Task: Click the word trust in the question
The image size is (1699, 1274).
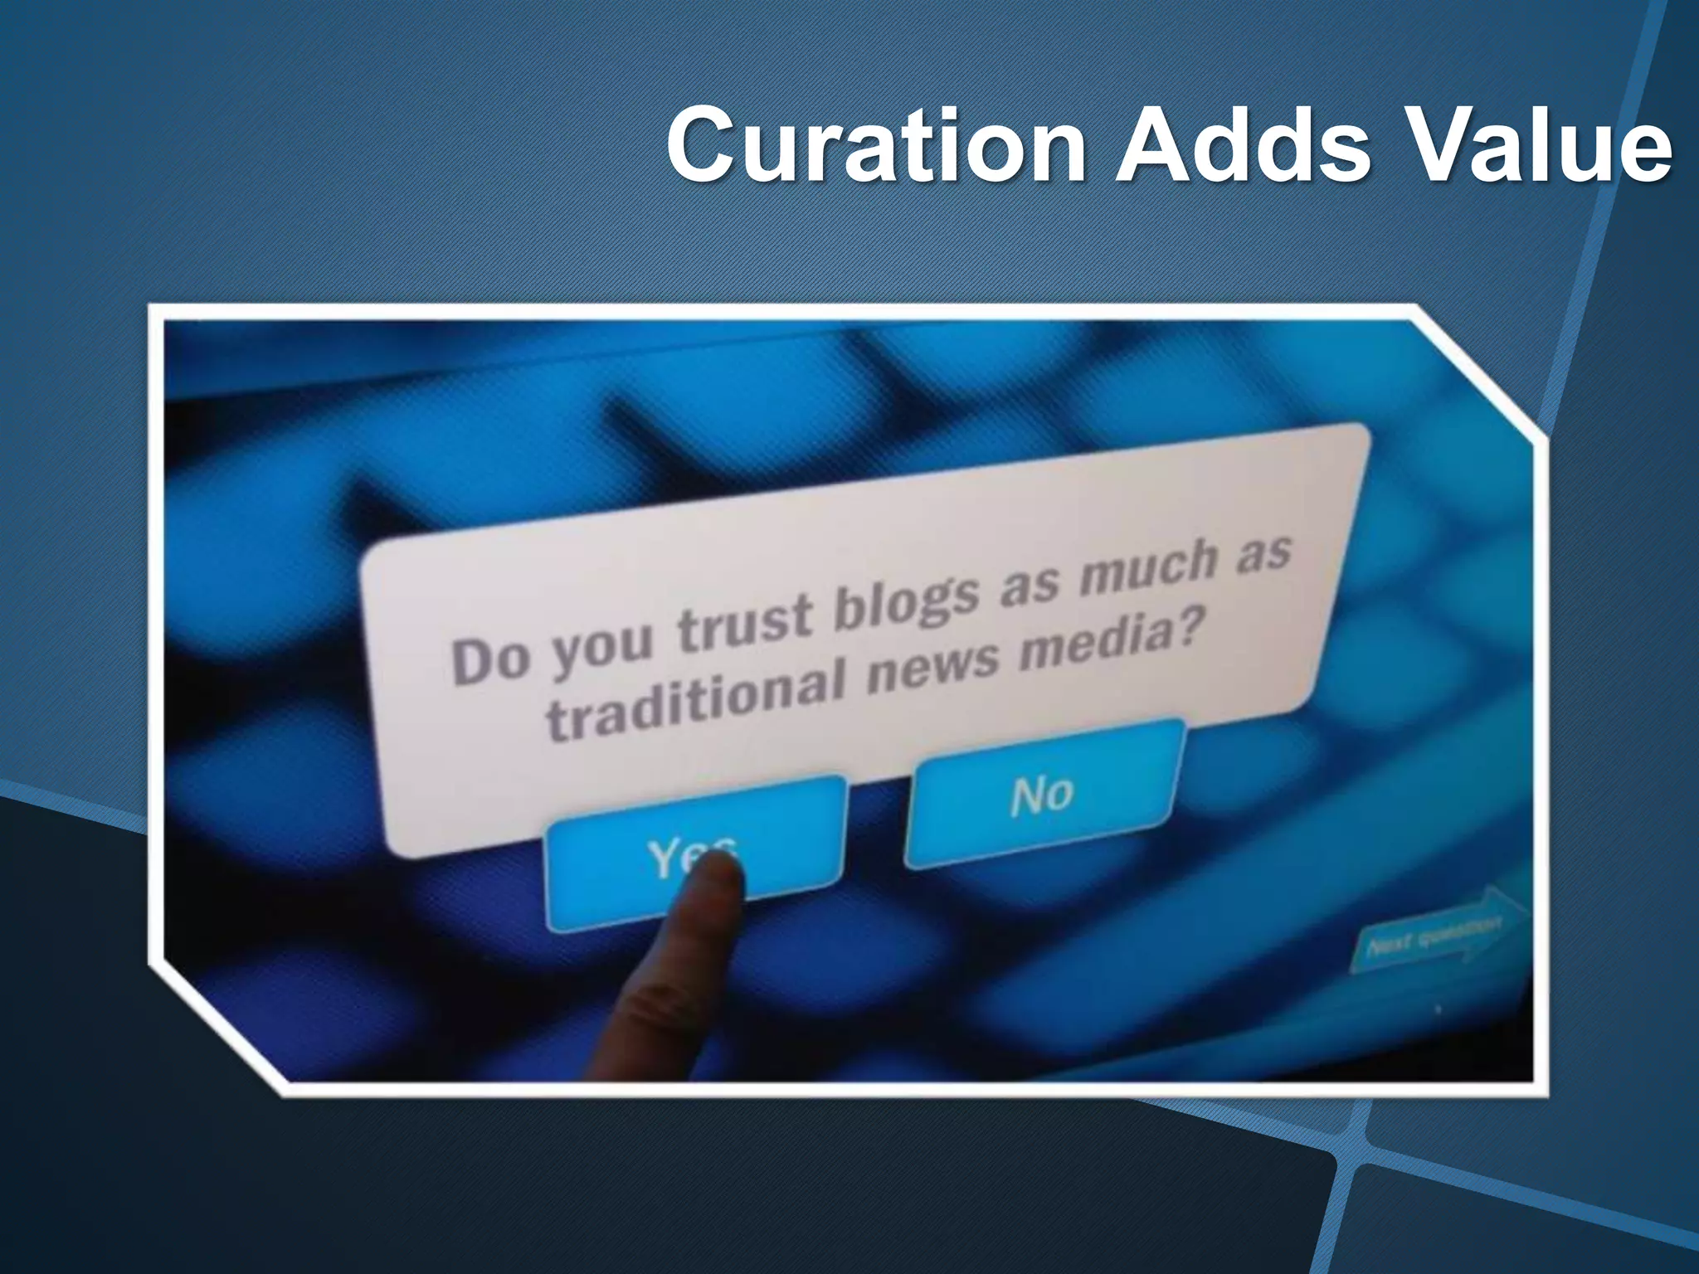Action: (x=744, y=621)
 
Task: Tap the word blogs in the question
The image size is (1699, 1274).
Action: (x=906, y=596)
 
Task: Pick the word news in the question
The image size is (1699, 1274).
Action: (x=933, y=664)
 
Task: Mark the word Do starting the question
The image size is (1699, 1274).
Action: (x=489, y=660)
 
